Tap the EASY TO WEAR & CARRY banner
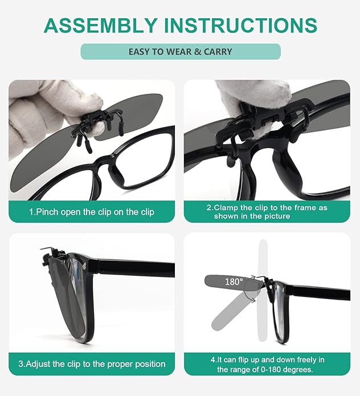(180, 52)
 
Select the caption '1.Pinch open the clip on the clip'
(91, 211)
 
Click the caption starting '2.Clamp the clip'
(267, 211)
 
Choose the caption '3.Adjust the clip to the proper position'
(92, 364)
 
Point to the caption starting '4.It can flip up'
(267, 364)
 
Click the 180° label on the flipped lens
(234, 281)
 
